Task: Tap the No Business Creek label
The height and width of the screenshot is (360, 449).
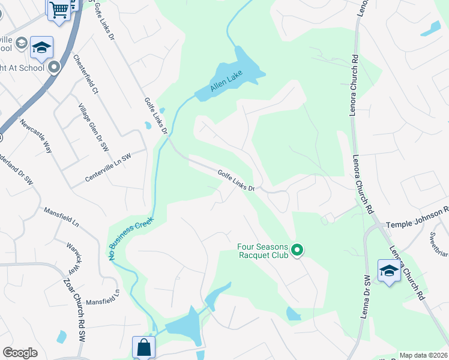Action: (x=131, y=238)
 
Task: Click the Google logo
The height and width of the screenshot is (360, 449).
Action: (x=20, y=352)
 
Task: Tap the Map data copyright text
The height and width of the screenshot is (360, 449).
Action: (x=424, y=355)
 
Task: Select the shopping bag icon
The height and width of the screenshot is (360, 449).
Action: (x=143, y=347)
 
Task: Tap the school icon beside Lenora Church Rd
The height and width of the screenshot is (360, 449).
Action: (x=389, y=271)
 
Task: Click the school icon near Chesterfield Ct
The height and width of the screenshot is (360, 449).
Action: (x=42, y=47)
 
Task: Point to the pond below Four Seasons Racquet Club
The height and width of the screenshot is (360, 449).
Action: (x=293, y=313)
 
